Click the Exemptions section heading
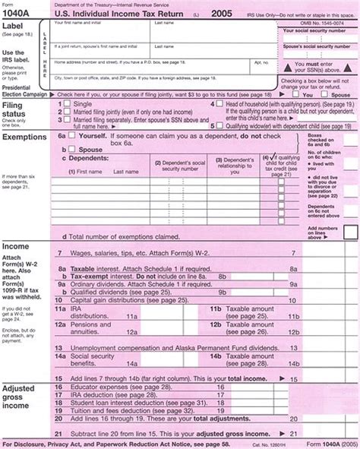pyautogui.click(x=24, y=138)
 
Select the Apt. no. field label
pyautogui.click(x=261, y=63)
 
